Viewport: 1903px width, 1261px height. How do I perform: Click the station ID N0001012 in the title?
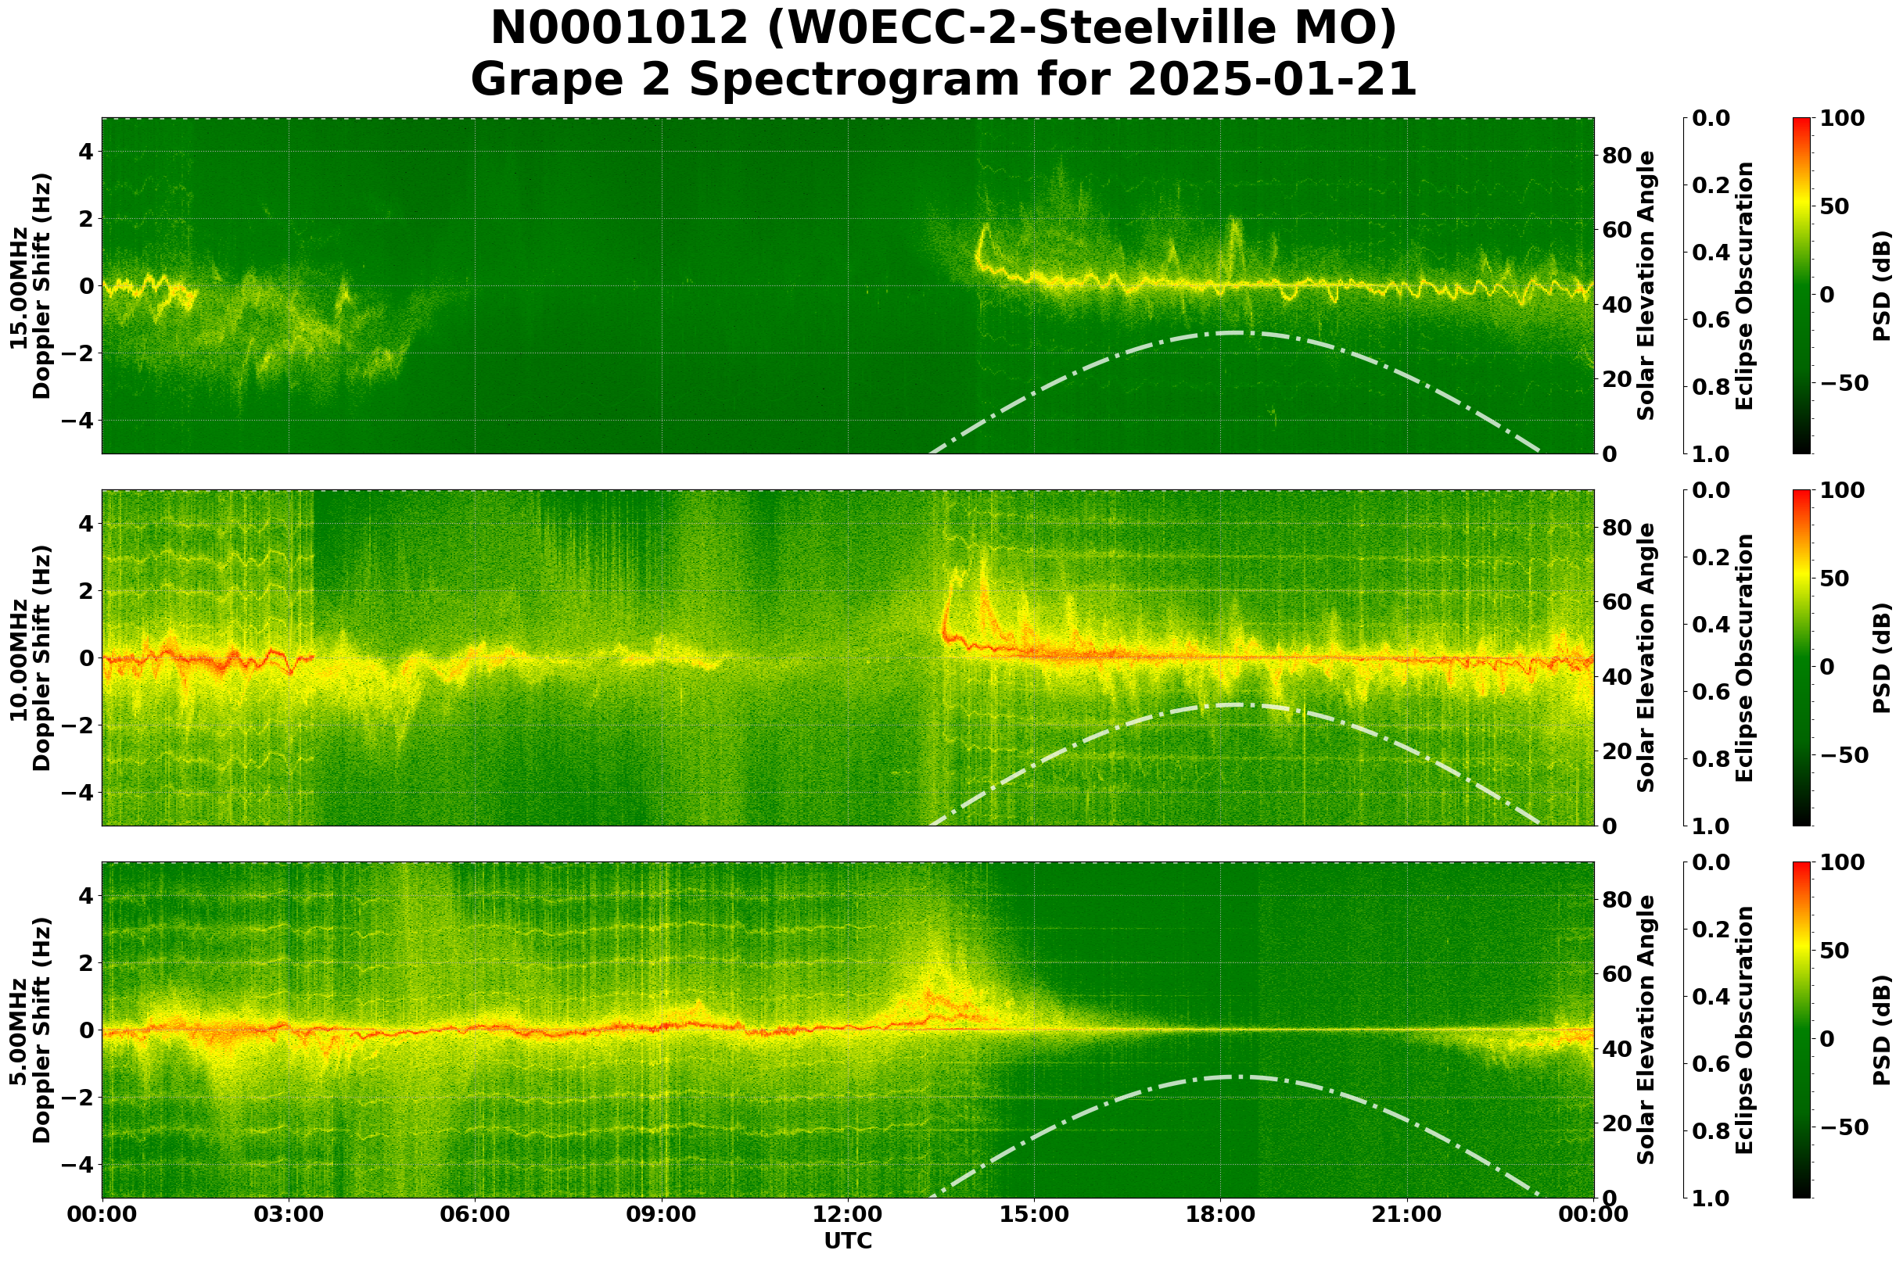619,29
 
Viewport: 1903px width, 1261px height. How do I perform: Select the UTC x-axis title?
847,1240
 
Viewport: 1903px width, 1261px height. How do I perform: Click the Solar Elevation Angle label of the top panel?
1646,286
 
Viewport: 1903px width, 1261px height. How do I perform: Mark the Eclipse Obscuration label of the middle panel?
1743,657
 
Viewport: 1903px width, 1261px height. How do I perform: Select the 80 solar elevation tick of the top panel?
1617,156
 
